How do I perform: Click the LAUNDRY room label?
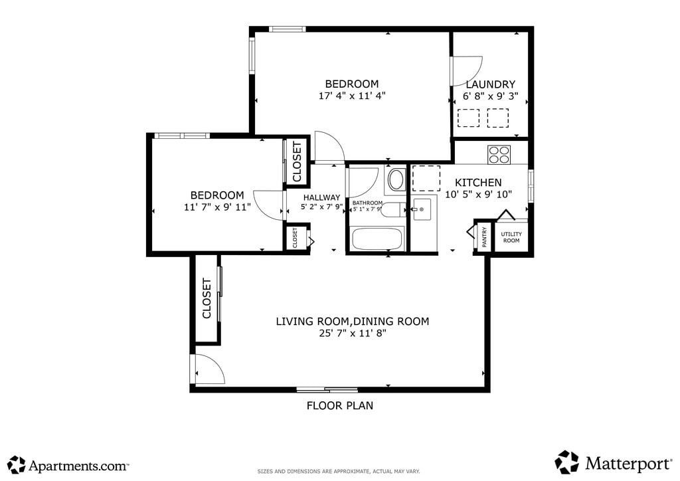pos(491,84)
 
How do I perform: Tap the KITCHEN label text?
pos(478,183)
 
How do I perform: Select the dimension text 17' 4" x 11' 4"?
pos(352,96)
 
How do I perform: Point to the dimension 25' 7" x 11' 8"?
pos(352,333)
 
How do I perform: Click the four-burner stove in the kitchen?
pos(499,154)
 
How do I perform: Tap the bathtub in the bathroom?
pos(377,238)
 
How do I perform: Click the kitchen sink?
pos(422,209)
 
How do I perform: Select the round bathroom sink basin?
pos(396,179)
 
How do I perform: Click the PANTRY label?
pos(484,237)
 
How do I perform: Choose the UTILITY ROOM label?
pos(511,237)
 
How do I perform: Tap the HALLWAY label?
pos(322,197)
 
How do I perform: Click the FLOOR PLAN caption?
pos(340,405)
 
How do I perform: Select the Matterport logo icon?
pos(567,462)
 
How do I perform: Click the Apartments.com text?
pos(78,466)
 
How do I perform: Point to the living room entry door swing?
pos(210,369)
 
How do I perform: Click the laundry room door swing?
pos(467,70)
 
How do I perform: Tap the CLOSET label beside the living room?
pos(207,298)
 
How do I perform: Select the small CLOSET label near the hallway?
pos(295,238)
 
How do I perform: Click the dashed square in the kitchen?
pos(426,178)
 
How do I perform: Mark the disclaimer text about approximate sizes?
pos(339,471)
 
